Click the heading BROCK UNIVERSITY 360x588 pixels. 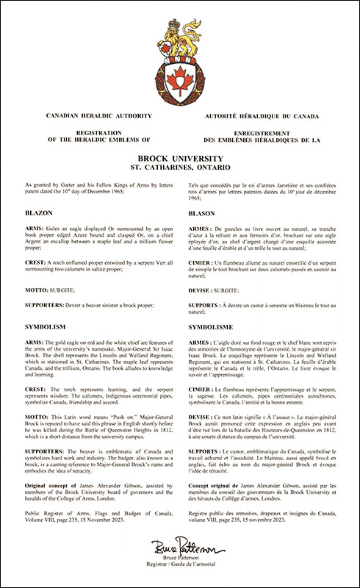[x=179, y=157]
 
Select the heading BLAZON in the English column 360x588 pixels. [x=38, y=211]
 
